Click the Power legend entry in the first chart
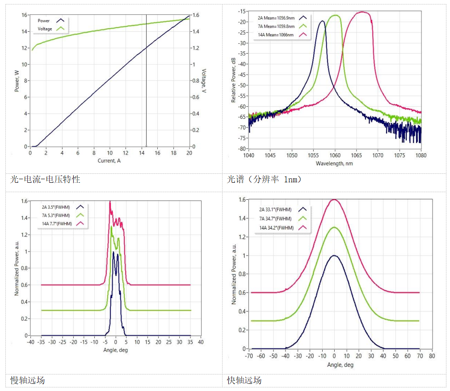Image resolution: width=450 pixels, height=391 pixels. tap(44, 21)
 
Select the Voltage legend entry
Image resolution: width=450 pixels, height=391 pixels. tap(45, 29)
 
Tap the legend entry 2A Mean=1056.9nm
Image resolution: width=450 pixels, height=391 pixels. tap(276, 17)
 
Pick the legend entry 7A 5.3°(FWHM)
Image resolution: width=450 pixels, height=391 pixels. tap(56, 215)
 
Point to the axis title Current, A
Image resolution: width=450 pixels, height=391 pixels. tap(109, 161)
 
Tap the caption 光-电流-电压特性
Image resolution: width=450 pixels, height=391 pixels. tap(45, 180)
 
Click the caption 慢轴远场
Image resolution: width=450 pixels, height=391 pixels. tap(27, 380)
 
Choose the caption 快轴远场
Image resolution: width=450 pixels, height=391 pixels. tap(244, 380)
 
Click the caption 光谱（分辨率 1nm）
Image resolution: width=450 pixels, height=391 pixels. tap(265, 180)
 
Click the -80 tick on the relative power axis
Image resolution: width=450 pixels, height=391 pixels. tap(242, 148)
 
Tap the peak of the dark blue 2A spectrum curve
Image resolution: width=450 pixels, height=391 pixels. tap(322, 21)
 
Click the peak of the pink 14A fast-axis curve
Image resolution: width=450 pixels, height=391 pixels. tap(334, 199)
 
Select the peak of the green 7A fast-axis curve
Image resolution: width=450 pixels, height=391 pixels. tap(334, 227)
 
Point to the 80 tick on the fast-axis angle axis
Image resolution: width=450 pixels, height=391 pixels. tap(432, 357)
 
